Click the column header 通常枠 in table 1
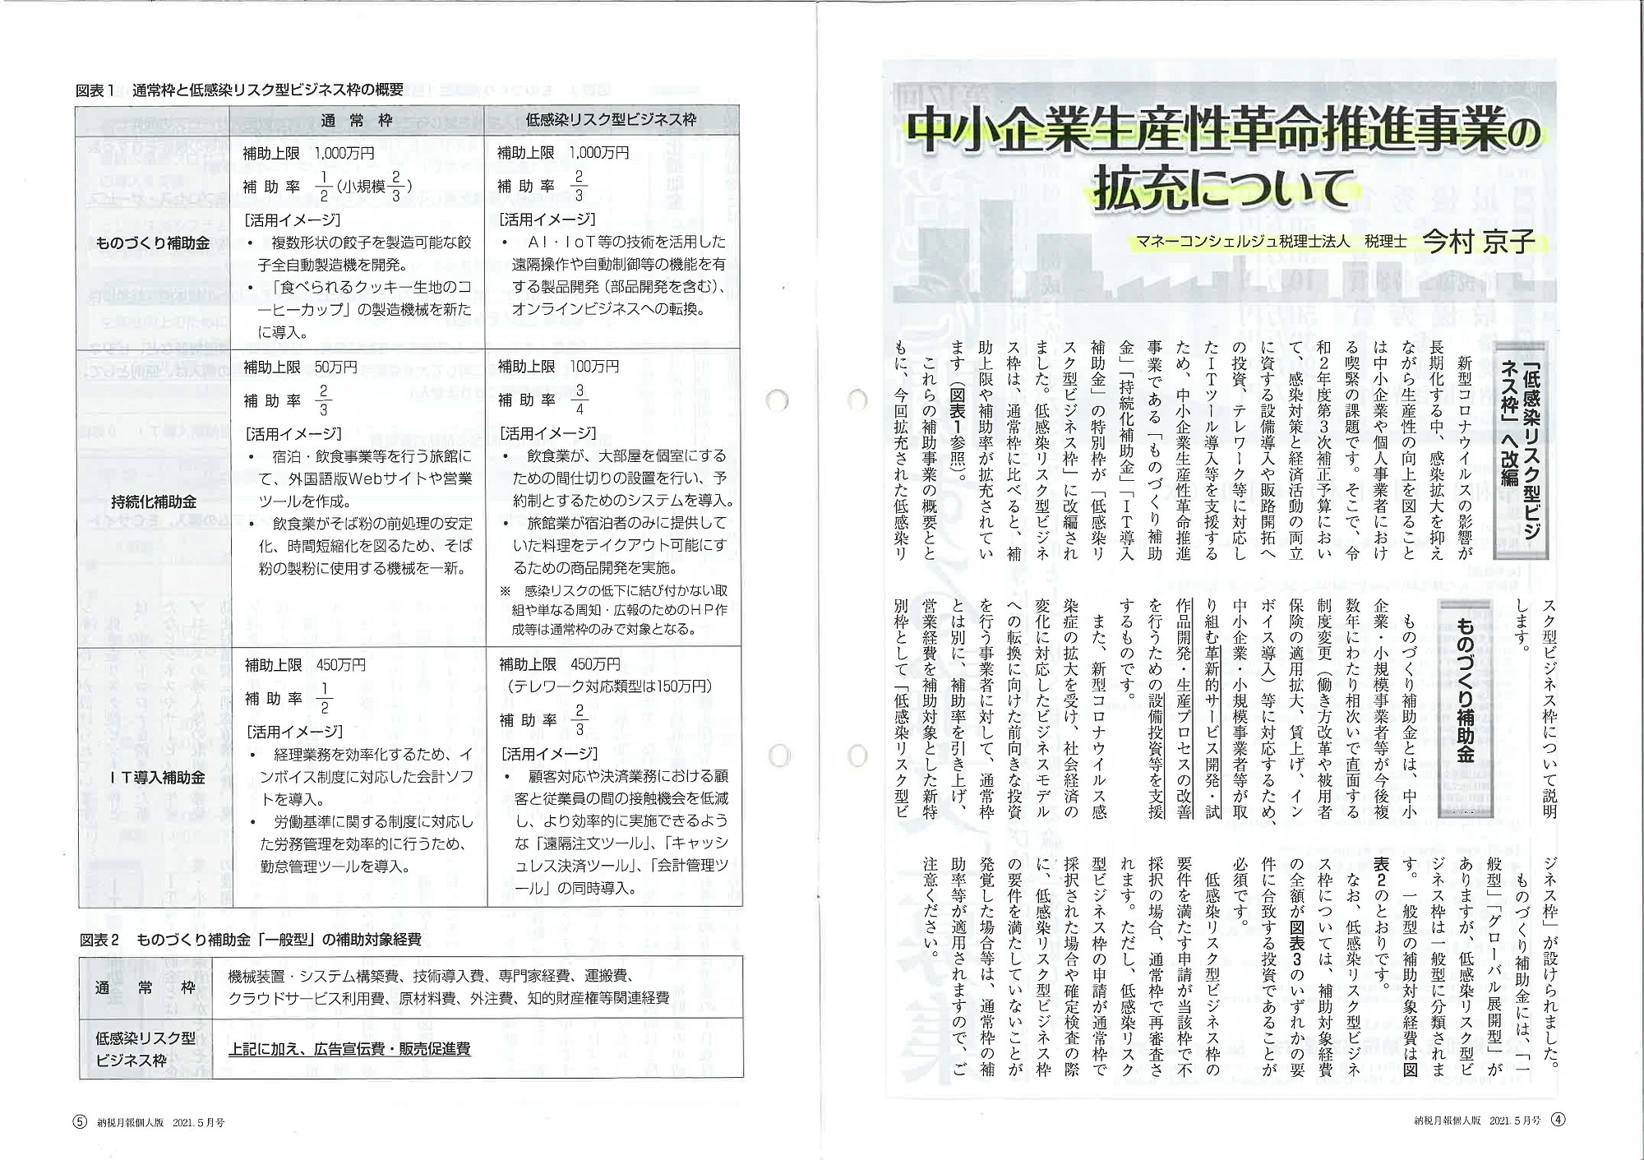357,120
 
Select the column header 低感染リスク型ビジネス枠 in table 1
611,120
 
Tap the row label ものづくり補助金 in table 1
153,243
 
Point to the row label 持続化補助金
153,501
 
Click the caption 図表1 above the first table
98,90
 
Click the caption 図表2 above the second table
100,939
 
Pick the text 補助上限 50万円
300,366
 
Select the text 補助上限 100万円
558,366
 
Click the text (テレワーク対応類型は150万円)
607,686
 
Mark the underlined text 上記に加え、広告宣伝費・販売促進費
349,1049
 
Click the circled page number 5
80,1121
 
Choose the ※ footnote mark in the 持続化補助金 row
505,591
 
